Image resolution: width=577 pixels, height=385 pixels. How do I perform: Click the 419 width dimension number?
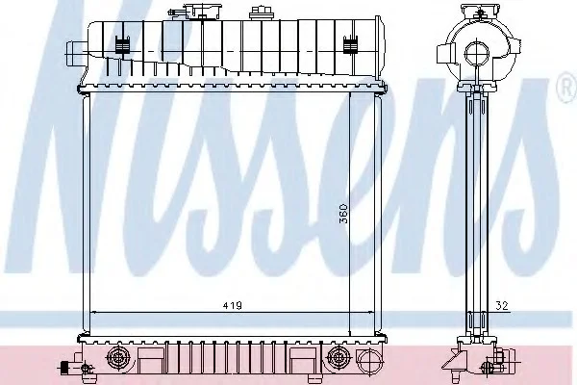coord(232,305)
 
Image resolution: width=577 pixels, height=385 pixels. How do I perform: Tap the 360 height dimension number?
coord(343,214)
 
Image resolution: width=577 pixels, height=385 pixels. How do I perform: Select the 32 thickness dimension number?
coord(502,305)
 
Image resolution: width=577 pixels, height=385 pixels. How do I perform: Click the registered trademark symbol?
coord(568,87)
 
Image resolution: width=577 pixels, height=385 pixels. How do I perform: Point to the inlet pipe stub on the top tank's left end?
coord(76,54)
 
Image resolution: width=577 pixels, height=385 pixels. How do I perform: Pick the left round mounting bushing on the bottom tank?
coord(117,357)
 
